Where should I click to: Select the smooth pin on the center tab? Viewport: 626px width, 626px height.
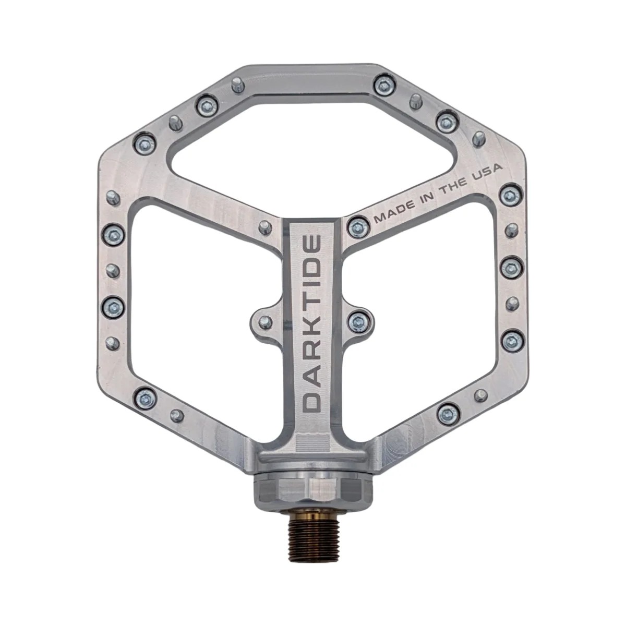click(266, 322)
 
